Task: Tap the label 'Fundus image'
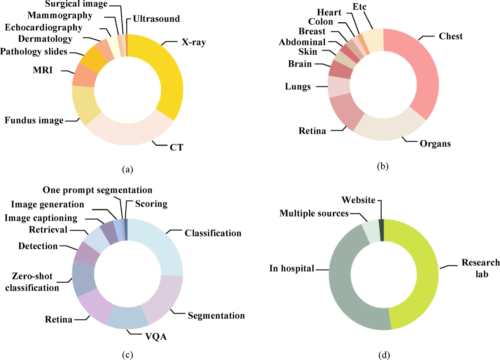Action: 34,120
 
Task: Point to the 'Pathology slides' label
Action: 34,51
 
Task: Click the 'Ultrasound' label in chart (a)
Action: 156,19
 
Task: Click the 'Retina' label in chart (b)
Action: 312,131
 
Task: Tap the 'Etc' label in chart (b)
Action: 359,7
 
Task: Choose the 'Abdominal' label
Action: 302,42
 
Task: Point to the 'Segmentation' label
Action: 216,315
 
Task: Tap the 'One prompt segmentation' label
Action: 97,190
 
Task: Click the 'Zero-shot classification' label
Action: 32,282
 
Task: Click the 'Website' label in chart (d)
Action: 358,200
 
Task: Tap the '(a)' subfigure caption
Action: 127,169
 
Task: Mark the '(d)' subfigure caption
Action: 384,355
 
